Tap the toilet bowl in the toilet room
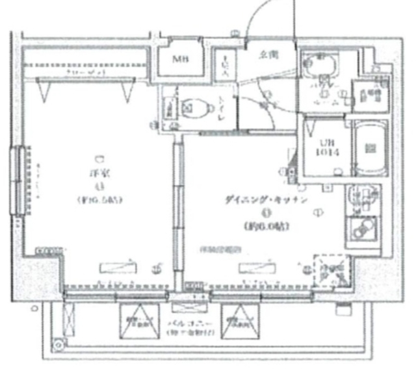(x=193, y=107)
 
